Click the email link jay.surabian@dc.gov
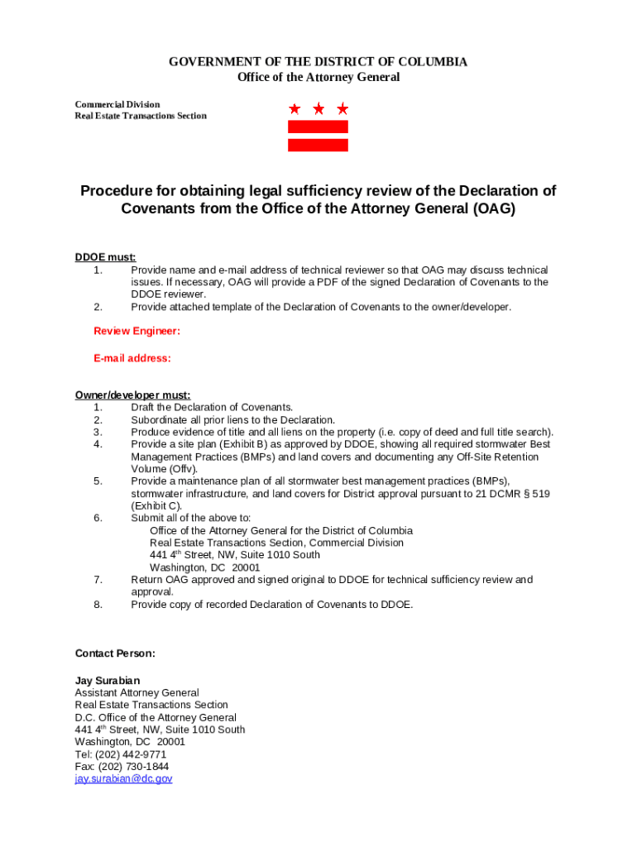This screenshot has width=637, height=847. [123, 779]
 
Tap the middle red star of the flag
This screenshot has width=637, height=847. [318, 108]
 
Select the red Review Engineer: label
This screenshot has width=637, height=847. [136, 331]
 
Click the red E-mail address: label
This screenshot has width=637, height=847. [132, 358]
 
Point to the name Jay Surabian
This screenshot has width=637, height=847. [108, 681]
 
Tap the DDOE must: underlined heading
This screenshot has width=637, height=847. [105, 257]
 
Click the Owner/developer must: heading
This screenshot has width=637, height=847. [132, 395]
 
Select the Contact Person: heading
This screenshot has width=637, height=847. [115, 653]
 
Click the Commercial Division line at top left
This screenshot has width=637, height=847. [117, 104]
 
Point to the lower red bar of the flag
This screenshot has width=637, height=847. [318, 145]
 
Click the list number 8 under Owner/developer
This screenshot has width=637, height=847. [98, 605]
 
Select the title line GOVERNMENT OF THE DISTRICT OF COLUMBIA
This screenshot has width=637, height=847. [318, 62]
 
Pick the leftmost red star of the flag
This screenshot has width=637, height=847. [295, 108]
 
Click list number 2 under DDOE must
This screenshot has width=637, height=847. [98, 307]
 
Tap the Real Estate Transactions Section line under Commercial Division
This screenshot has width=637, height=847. [141, 116]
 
